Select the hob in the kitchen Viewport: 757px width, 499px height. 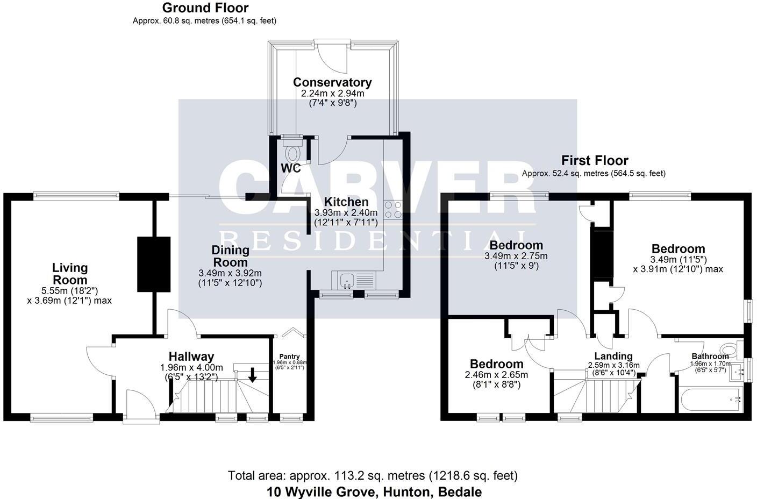393,209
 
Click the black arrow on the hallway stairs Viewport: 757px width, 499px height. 252,376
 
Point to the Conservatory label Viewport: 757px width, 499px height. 332,82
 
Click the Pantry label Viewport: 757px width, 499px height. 289,357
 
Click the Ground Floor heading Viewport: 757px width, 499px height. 205,8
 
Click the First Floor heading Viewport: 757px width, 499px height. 594,160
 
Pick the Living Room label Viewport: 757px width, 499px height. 69,274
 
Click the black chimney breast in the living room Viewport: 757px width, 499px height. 153,264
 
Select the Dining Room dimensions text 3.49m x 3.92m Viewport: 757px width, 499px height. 230,274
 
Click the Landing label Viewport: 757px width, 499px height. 613,356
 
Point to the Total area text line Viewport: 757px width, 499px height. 373,476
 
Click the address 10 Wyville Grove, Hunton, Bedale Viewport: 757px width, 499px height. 374,491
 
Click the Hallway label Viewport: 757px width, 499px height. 191,356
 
